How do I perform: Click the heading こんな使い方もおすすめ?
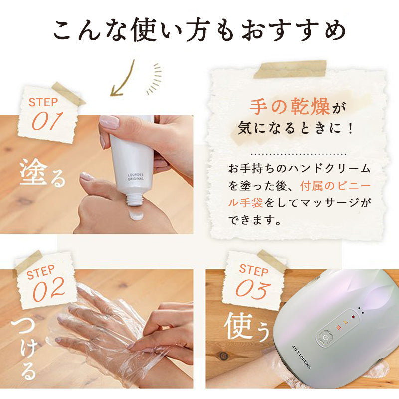point(200,30)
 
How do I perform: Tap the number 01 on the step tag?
point(47,121)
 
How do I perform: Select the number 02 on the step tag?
point(49,289)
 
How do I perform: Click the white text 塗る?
point(42,173)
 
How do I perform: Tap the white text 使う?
point(246,327)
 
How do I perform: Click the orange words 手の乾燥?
point(290,107)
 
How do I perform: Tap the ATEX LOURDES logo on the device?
point(301,357)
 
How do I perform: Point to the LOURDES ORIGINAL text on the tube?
point(136,177)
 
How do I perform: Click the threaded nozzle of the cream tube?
point(134,199)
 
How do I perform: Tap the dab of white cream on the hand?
point(136,215)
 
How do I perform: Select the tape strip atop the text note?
point(290,69)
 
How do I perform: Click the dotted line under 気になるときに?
point(298,154)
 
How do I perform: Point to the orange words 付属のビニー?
point(335,186)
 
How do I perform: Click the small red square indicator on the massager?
point(353,317)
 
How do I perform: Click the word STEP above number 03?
point(254,270)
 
